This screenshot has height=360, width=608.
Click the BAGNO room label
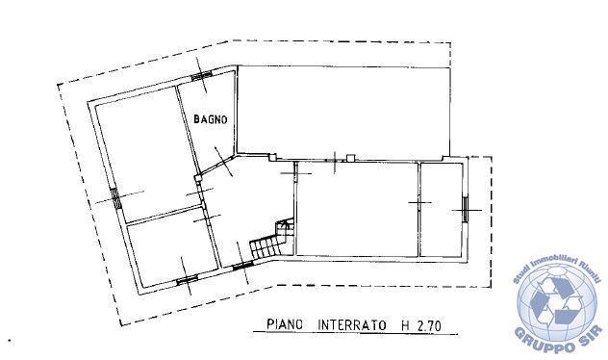click(210, 119)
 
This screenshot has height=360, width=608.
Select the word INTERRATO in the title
click(352, 324)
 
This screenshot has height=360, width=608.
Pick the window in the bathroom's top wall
click(202, 75)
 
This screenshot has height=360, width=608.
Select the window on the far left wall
click(115, 198)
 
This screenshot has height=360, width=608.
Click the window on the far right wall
click(466, 210)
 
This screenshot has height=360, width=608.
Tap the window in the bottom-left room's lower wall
click(188, 280)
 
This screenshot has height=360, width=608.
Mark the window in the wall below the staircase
click(242, 266)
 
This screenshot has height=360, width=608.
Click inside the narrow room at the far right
click(442, 210)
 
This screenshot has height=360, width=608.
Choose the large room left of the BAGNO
click(147, 155)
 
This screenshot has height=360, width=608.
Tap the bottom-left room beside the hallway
click(172, 248)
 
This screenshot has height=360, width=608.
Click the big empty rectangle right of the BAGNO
click(343, 111)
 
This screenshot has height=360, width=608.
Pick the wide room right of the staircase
click(357, 210)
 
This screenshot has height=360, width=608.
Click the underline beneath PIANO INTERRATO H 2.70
click(355, 333)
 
